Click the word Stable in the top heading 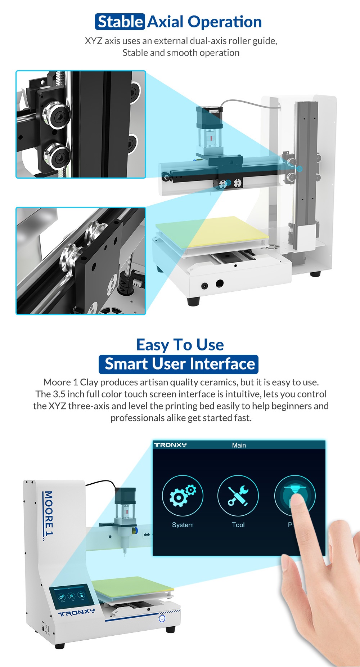120,22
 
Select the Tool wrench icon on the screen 238,496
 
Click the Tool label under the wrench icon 238,525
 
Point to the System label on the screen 183,525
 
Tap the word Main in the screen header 239,445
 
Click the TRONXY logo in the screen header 170,445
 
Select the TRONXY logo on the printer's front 77,613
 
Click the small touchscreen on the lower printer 71,596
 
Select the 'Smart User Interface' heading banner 179,364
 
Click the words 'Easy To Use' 180,345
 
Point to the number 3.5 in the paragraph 59,394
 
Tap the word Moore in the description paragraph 57,382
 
